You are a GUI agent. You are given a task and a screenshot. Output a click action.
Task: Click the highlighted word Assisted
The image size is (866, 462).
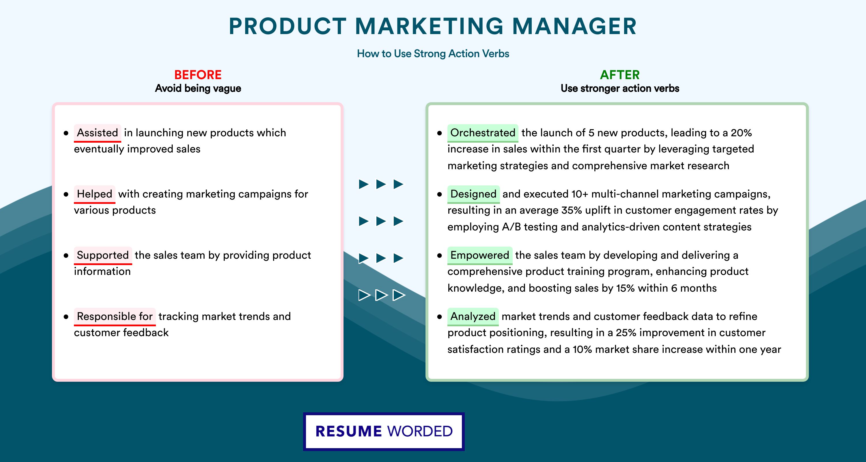[x=98, y=133]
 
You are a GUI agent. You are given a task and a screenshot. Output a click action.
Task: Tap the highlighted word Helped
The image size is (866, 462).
[x=94, y=194]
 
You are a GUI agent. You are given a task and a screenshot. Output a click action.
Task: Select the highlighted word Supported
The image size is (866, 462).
[x=103, y=255]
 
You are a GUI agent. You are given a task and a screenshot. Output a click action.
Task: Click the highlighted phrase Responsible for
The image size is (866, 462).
[x=115, y=316]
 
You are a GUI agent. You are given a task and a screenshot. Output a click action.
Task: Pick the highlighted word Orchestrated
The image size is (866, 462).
[x=483, y=133]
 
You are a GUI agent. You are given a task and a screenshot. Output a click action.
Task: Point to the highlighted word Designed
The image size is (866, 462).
[x=473, y=194]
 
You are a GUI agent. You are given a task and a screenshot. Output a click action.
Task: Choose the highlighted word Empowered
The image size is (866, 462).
[x=480, y=255]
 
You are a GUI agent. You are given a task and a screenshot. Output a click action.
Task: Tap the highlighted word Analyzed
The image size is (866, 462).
[x=473, y=316]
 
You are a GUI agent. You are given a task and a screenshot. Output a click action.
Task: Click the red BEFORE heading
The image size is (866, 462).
[x=198, y=75]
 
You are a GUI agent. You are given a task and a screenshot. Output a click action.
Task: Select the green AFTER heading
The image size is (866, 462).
[x=620, y=75]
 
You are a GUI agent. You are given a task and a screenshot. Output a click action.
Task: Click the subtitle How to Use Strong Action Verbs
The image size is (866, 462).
[x=433, y=53]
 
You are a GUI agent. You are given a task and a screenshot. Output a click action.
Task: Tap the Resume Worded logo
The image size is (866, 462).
[x=384, y=431]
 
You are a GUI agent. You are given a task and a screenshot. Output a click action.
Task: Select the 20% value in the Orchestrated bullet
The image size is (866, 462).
[x=741, y=133]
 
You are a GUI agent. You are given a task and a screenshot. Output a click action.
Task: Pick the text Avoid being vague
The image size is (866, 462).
[x=198, y=88]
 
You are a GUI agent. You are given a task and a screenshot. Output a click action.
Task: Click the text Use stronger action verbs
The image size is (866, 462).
[x=620, y=88]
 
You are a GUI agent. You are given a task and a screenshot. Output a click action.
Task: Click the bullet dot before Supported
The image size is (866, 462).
[x=66, y=256]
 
